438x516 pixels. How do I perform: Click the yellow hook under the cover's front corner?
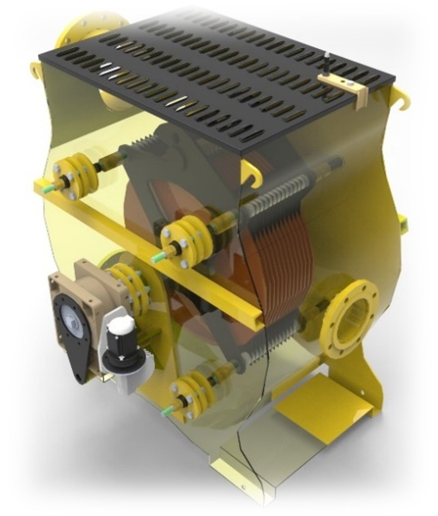[252, 172]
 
